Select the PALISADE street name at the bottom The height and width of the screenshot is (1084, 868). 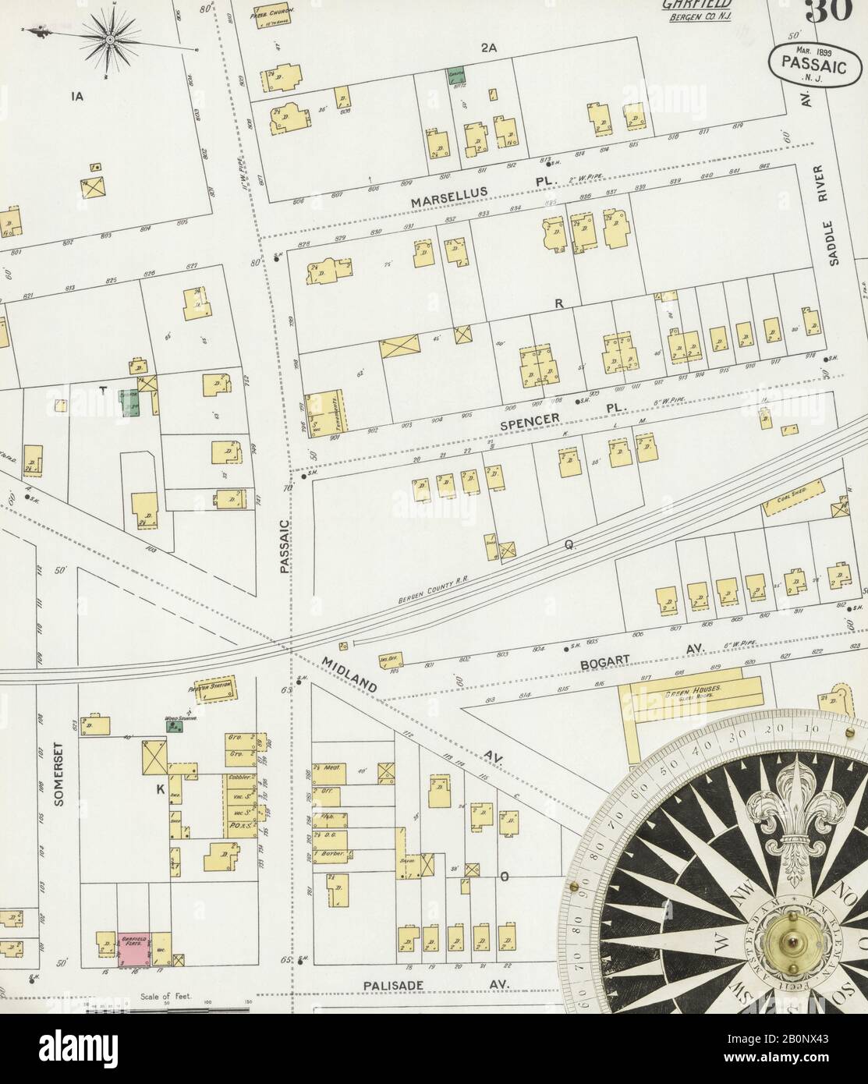pyautogui.click(x=393, y=986)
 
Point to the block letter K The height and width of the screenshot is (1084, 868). pyautogui.click(x=160, y=789)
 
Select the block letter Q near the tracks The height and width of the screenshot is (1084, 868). pyautogui.click(x=570, y=547)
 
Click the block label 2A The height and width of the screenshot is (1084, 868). pyautogui.click(x=489, y=48)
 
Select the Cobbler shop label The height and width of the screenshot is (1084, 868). pyautogui.click(x=239, y=778)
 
